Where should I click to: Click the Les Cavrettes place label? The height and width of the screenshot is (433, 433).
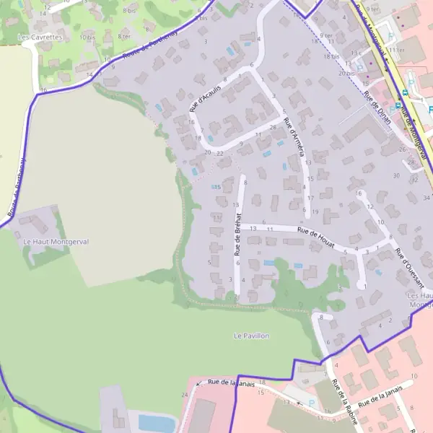tap(40, 36)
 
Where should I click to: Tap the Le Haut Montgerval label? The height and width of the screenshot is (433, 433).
tap(56, 242)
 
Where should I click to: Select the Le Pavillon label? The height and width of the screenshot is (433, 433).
tap(251, 336)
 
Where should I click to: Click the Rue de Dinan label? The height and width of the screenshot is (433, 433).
tap(377, 107)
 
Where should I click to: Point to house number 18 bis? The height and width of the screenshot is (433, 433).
tap(331, 56)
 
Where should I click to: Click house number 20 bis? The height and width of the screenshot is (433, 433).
tap(347, 73)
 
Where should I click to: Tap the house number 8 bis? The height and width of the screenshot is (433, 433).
tap(131, 11)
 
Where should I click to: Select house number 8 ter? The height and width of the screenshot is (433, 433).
tap(125, 36)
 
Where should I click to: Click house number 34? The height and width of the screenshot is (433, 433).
tap(427, 197)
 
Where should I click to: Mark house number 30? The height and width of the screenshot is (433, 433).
tap(395, 175)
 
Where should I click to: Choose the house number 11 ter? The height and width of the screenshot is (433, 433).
tap(395, 49)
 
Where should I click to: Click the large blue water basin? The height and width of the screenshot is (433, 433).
tap(156, 422)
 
